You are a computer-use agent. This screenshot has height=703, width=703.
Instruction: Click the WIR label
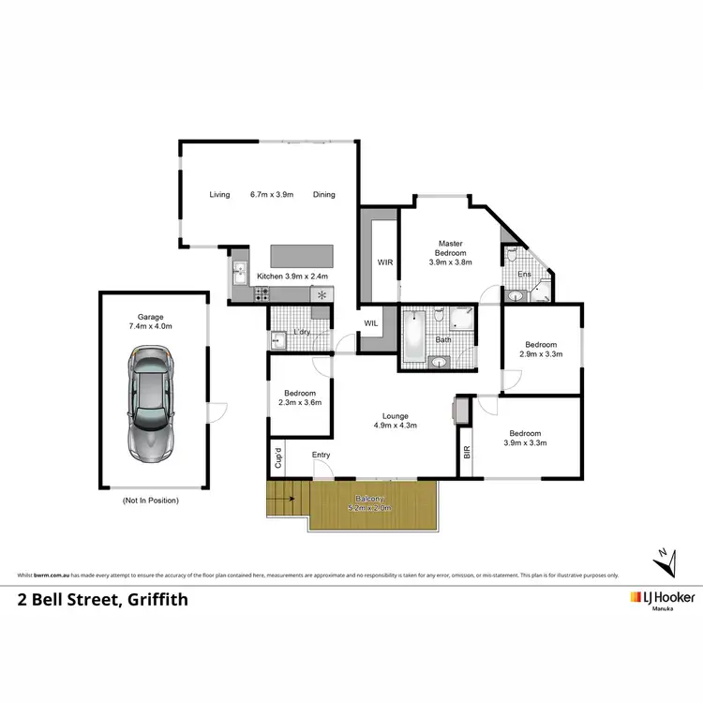point(384,262)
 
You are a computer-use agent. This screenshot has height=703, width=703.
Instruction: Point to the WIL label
point(372,324)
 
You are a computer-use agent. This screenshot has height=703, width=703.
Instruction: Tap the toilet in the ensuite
point(512,255)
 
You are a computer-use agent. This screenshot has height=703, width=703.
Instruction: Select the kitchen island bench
point(302,256)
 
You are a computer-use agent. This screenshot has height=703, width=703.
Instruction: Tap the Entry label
point(322,455)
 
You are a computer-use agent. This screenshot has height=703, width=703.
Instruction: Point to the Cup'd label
point(278,459)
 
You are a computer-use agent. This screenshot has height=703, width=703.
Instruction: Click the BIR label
point(466,451)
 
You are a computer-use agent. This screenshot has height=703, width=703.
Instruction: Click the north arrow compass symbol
point(666,563)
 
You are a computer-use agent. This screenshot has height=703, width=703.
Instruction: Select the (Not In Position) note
point(150,501)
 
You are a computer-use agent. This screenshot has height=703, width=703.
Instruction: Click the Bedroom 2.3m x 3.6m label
point(300,398)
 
